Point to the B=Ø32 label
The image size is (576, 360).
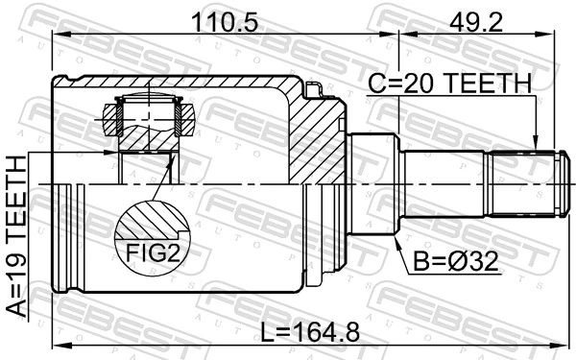[457, 261]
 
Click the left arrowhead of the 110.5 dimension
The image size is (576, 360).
[56, 35]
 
